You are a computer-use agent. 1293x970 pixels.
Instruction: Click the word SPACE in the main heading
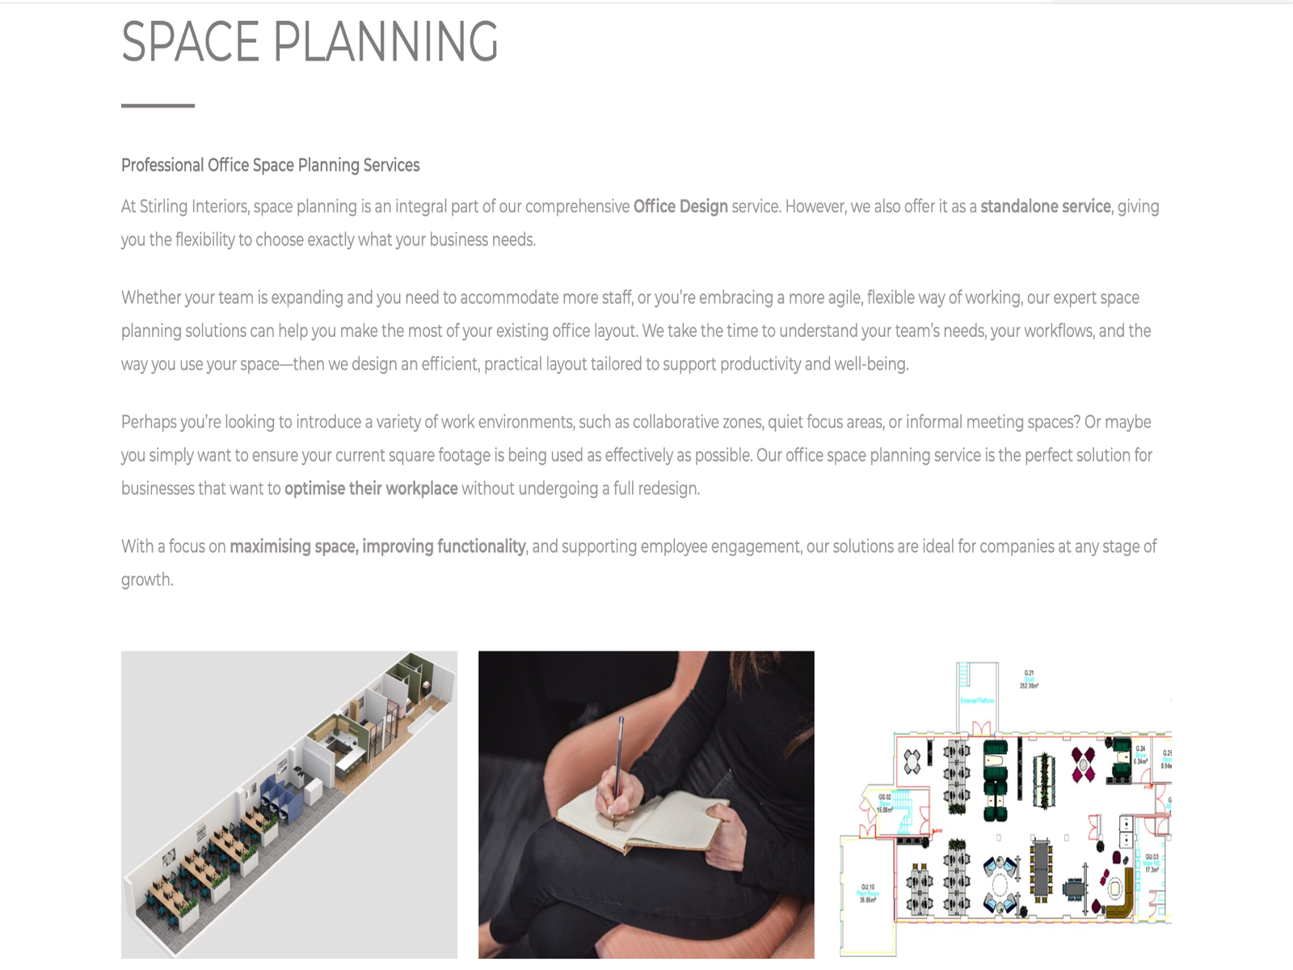190,42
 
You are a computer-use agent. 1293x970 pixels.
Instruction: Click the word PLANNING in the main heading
385,42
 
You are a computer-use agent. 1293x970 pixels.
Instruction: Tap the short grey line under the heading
158,105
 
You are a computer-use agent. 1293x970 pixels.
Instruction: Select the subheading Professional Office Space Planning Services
270,165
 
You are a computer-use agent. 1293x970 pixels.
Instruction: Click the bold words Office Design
680,206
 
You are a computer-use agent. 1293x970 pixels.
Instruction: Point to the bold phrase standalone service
1045,206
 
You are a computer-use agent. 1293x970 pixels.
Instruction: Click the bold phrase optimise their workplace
371,488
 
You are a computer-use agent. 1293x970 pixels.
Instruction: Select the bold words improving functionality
444,546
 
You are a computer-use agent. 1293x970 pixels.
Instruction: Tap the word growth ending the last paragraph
146,580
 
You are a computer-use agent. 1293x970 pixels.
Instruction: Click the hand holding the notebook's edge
727,833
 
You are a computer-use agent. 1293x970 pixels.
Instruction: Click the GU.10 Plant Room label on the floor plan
867,892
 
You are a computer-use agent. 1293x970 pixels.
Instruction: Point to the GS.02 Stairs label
885,802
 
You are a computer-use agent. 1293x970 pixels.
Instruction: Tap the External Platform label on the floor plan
977,700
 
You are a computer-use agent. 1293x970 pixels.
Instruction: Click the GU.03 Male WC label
1152,862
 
